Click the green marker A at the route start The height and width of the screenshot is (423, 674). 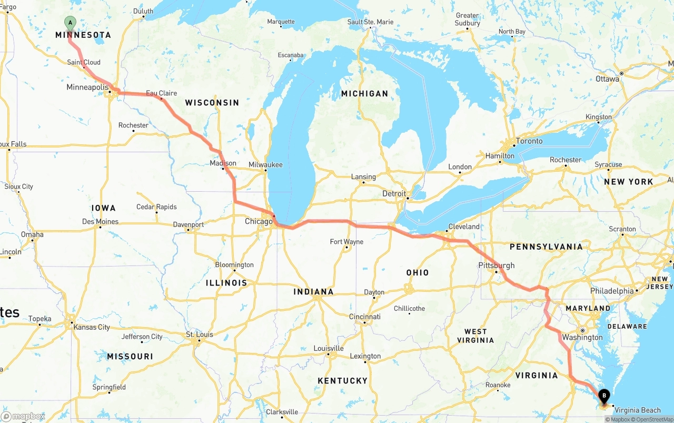pyautogui.click(x=70, y=23)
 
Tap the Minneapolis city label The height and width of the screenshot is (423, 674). pyautogui.click(x=87, y=87)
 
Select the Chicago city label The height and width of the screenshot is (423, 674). pyautogui.click(x=259, y=222)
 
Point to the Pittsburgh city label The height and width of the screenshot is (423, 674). pyautogui.click(x=496, y=265)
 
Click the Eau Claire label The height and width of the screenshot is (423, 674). pyautogui.click(x=161, y=93)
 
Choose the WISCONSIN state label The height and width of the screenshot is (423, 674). pyautogui.click(x=212, y=103)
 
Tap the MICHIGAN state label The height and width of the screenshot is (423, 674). pyautogui.click(x=364, y=94)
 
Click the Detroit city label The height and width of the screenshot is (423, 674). pyautogui.click(x=394, y=194)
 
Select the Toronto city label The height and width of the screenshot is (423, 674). pyautogui.click(x=529, y=141)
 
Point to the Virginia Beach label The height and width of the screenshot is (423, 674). pyautogui.click(x=637, y=410)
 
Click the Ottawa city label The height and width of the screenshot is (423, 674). pyautogui.click(x=607, y=79)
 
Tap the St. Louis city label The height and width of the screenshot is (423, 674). pyautogui.click(x=200, y=335)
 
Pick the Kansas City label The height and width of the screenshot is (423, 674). pyautogui.click(x=92, y=327)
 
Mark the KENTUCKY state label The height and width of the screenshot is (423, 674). pyautogui.click(x=342, y=381)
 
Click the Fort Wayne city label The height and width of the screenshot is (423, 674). pyautogui.click(x=346, y=242)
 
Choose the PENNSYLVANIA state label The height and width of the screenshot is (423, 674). pyautogui.click(x=546, y=247)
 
